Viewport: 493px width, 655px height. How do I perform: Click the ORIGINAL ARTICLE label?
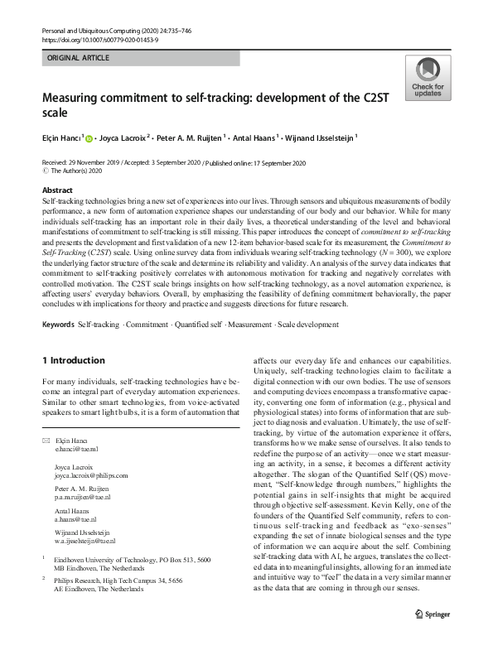click(x=78, y=59)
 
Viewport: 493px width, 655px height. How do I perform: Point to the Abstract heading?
click(x=57, y=189)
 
